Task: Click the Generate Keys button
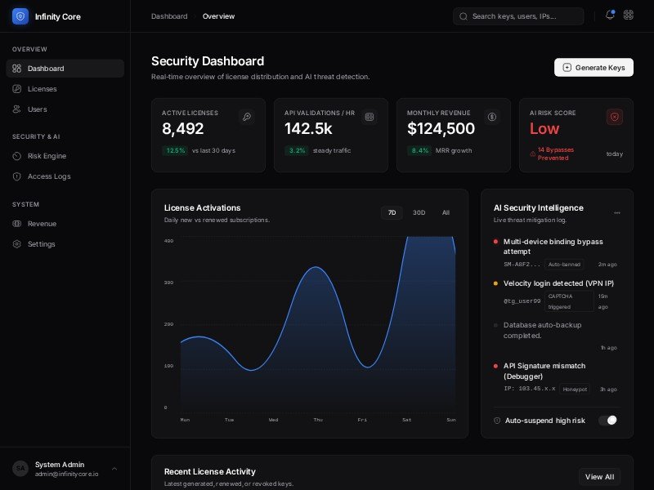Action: pyautogui.click(x=594, y=68)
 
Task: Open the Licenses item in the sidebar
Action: pyautogui.click(x=42, y=89)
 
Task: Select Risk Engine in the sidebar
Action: pyautogui.click(x=47, y=156)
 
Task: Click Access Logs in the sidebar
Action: pyautogui.click(x=49, y=176)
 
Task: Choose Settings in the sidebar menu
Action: pyautogui.click(x=41, y=244)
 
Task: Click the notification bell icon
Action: pyautogui.click(x=609, y=15)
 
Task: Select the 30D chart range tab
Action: pyautogui.click(x=419, y=213)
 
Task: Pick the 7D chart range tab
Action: pyautogui.click(x=392, y=213)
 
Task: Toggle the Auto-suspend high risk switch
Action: pyautogui.click(x=607, y=421)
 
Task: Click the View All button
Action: pyautogui.click(x=599, y=477)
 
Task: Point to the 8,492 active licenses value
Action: pyautogui.click(x=183, y=129)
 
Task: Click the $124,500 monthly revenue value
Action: pyautogui.click(x=441, y=129)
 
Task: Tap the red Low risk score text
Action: pyautogui.click(x=544, y=129)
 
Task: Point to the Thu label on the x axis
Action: pyautogui.click(x=318, y=420)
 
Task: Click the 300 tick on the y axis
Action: pyautogui.click(x=168, y=283)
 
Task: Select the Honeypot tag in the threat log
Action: pyautogui.click(x=575, y=390)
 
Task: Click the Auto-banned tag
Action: pyautogui.click(x=565, y=265)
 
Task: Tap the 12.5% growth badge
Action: pyautogui.click(x=175, y=150)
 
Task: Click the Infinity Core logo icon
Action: pyautogui.click(x=20, y=16)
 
